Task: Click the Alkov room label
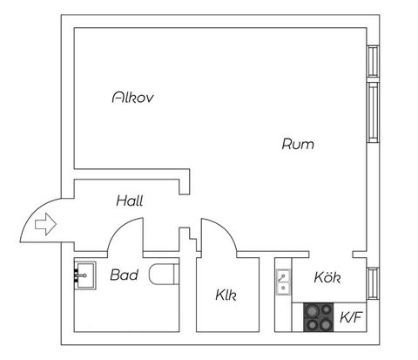[x=132, y=98]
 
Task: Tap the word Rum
[x=298, y=144]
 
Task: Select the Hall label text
[x=130, y=200]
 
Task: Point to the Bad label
[x=124, y=275]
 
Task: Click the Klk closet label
[x=226, y=295]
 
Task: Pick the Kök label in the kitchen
[x=327, y=277]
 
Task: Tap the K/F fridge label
[x=351, y=317]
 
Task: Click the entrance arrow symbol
[x=45, y=224]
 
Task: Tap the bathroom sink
[x=84, y=275]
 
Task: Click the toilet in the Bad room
[x=164, y=274]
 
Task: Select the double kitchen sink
[x=283, y=282]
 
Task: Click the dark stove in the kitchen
[x=319, y=317]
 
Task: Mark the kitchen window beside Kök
[x=374, y=283]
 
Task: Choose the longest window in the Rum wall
[x=374, y=112]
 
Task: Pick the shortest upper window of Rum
[x=374, y=61]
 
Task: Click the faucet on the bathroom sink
[x=80, y=275]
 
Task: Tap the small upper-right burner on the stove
[x=327, y=309]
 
